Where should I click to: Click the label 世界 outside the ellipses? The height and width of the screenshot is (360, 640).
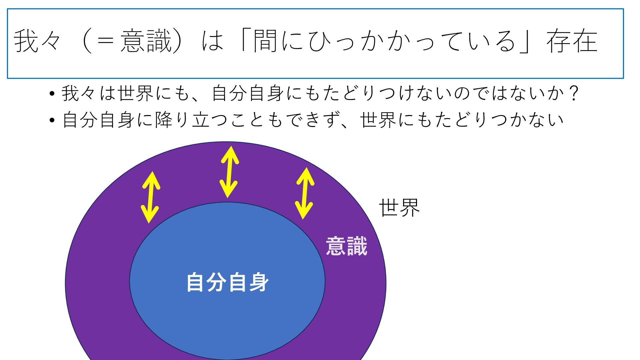pos(399,208)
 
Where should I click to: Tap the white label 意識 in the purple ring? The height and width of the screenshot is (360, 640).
pos(346,246)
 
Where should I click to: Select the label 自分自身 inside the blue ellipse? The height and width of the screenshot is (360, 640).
pos(227,282)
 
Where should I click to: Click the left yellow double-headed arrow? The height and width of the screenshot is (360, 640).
pos(150,197)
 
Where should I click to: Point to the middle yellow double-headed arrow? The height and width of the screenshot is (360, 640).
pos(229,172)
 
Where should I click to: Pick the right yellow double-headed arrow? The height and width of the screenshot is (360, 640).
pos(305,193)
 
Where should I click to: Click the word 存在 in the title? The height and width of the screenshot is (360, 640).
pos(572,41)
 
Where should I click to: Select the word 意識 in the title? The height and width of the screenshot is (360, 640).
pos(146,41)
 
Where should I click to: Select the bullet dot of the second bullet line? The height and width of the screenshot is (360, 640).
pos(52,120)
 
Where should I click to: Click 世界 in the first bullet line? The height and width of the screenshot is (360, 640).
pos(135,94)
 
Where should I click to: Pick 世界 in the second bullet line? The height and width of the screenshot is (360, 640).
pos(378,120)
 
